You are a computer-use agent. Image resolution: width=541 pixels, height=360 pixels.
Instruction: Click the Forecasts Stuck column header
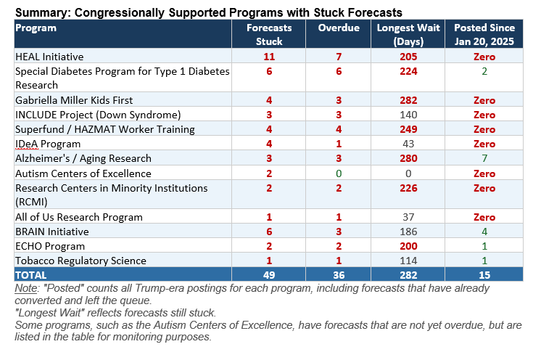269,34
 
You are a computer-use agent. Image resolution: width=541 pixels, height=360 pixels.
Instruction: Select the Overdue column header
339,28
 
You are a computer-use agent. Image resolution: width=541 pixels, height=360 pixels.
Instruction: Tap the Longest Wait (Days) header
408,34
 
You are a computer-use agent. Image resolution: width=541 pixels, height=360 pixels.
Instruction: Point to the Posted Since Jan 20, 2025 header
484,34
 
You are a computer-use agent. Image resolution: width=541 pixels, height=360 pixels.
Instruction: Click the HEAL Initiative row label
49,57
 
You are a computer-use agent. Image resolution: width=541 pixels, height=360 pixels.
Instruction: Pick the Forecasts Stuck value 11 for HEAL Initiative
269,57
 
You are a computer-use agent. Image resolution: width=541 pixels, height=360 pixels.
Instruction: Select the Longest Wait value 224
408,71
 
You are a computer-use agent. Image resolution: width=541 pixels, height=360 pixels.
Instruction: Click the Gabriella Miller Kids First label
74,100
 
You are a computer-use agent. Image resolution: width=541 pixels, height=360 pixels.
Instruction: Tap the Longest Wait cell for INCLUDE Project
408,115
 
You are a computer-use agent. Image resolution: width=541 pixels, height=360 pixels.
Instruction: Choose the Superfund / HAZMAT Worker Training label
105,129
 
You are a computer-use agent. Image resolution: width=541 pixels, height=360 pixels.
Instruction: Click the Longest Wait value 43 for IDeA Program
408,144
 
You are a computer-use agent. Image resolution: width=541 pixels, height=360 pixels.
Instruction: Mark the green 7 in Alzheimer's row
484,158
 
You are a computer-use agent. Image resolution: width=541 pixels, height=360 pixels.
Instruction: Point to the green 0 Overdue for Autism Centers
339,173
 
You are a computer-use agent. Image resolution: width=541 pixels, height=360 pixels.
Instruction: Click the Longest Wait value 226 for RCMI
408,188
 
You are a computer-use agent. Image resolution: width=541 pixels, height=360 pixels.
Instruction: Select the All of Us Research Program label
78,217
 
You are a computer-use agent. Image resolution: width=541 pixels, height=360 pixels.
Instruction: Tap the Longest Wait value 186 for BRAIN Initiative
408,232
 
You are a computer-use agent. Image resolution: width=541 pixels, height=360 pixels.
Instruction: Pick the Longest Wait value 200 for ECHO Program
408,246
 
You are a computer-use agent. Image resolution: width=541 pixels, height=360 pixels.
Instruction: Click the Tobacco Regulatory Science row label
80,261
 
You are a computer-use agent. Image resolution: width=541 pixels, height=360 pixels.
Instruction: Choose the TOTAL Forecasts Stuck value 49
269,275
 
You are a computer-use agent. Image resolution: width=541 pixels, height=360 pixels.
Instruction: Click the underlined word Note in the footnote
26,288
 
